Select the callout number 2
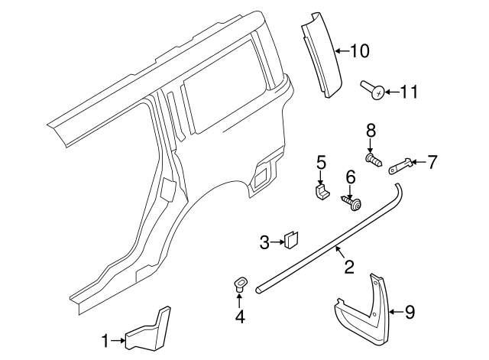[348, 267]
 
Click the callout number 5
[322, 161]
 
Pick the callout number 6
[351, 177]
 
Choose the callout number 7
[432, 161]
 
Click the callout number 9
[410, 311]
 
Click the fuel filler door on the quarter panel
[261, 175]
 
